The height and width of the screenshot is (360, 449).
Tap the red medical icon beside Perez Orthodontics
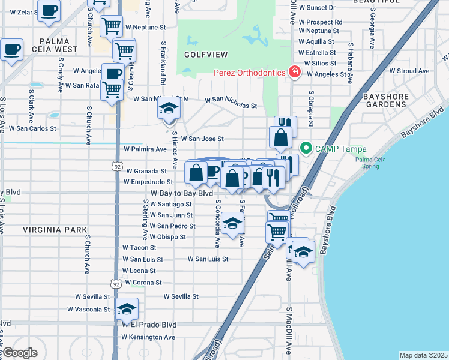click(x=294, y=73)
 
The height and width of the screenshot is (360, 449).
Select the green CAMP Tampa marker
click(x=306, y=147)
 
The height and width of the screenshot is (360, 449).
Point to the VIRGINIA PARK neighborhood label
click(x=55, y=230)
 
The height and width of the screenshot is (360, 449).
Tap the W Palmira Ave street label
click(x=145, y=149)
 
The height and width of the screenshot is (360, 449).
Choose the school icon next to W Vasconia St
click(x=127, y=308)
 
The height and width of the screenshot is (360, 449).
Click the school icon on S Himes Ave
click(x=169, y=109)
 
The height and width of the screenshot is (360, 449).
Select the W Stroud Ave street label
click(x=409, y=71)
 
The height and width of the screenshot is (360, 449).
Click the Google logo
click(x=20, y=352)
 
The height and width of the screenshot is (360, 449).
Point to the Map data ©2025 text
click(x=423, y=355)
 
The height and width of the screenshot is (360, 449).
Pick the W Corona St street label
click(x=143, y=282)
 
